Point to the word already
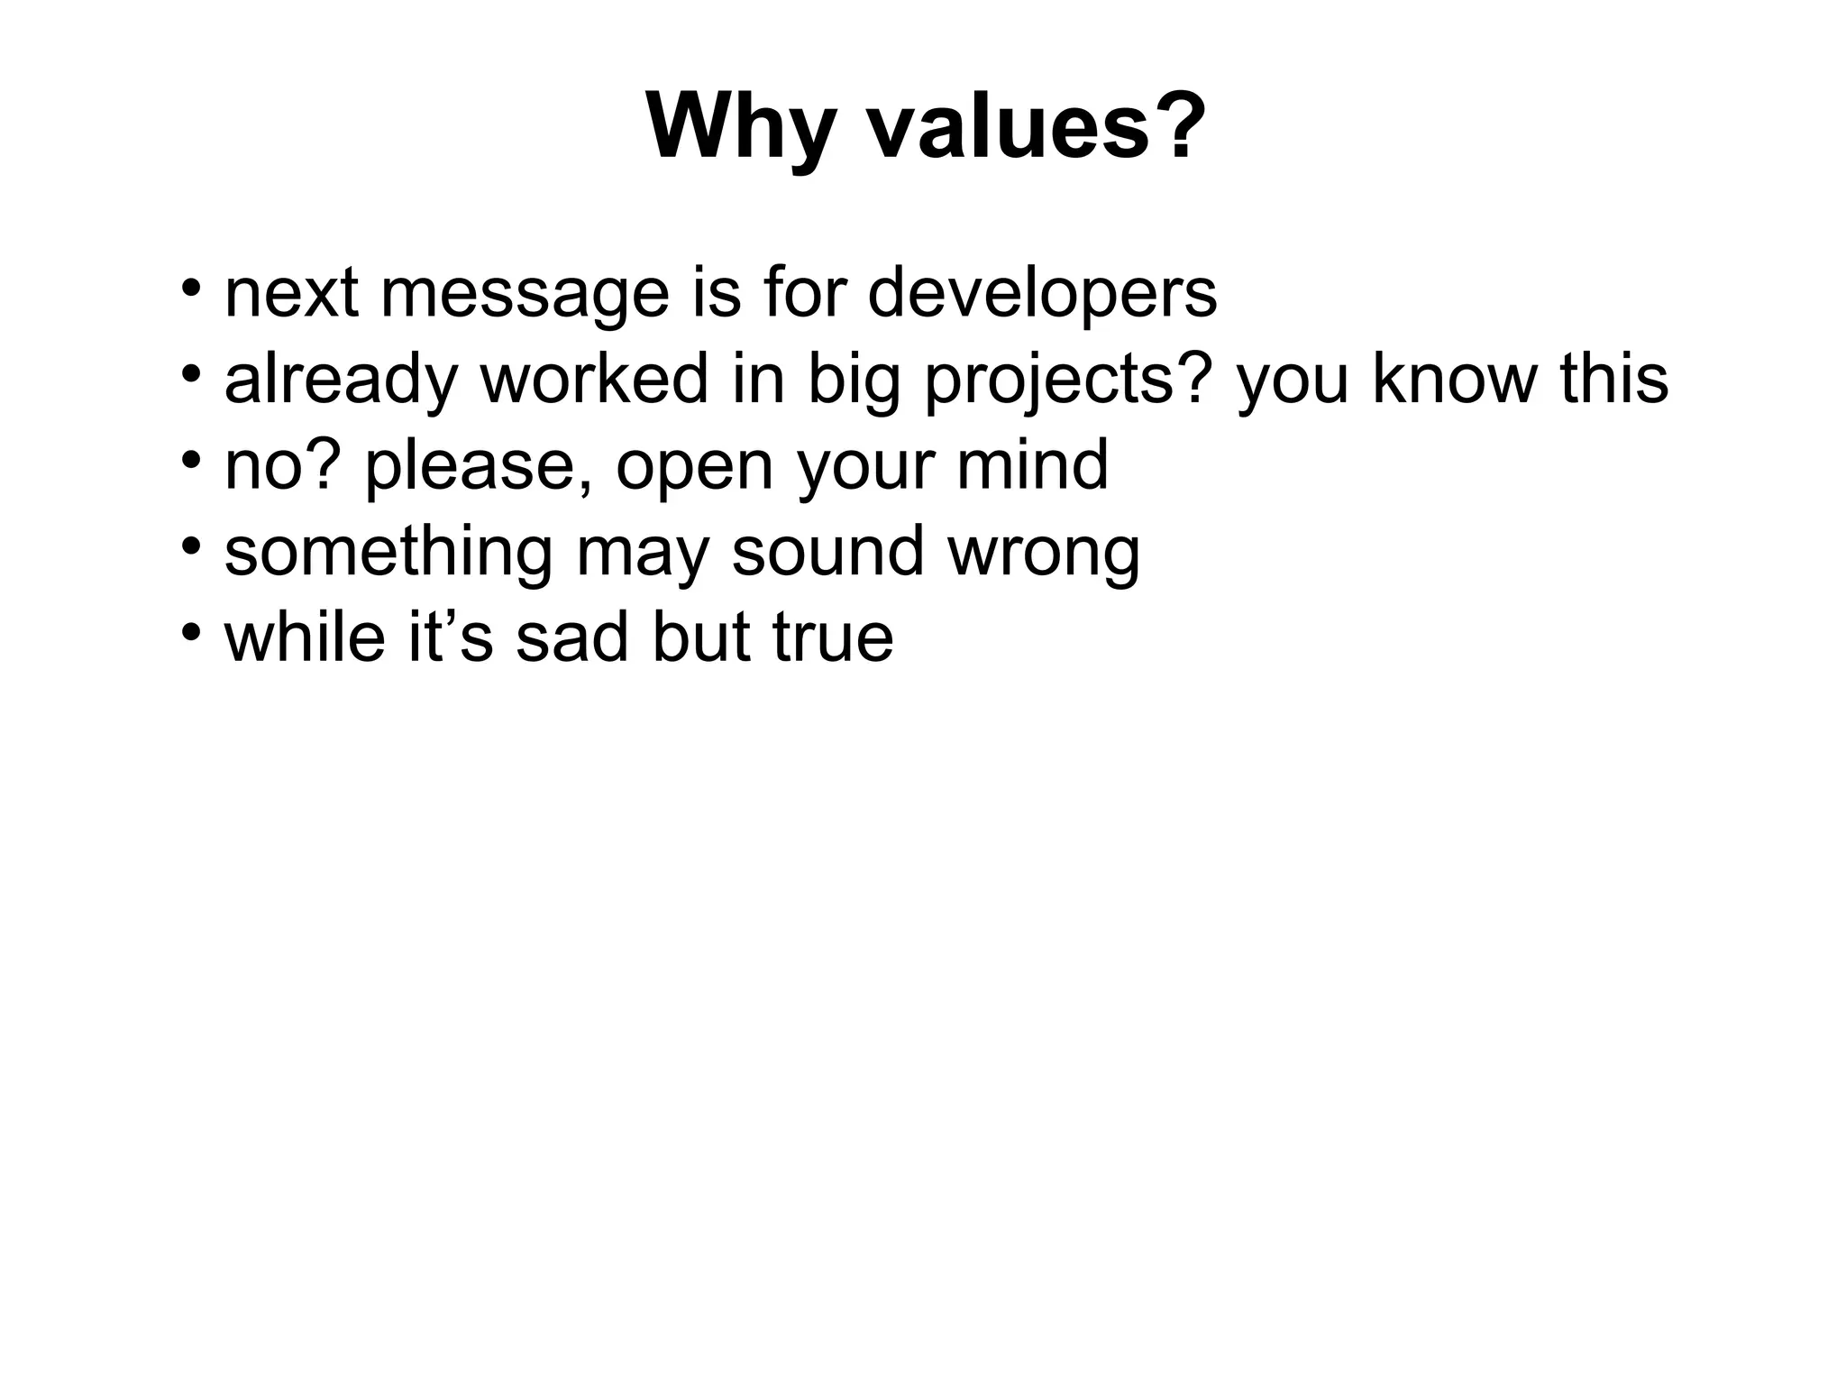pos(342,379)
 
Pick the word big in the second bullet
pos(854,379)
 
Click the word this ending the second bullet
pos(1613,379)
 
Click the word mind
pos(1032,465)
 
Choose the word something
pos(388,551)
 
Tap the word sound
pos(827,551)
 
